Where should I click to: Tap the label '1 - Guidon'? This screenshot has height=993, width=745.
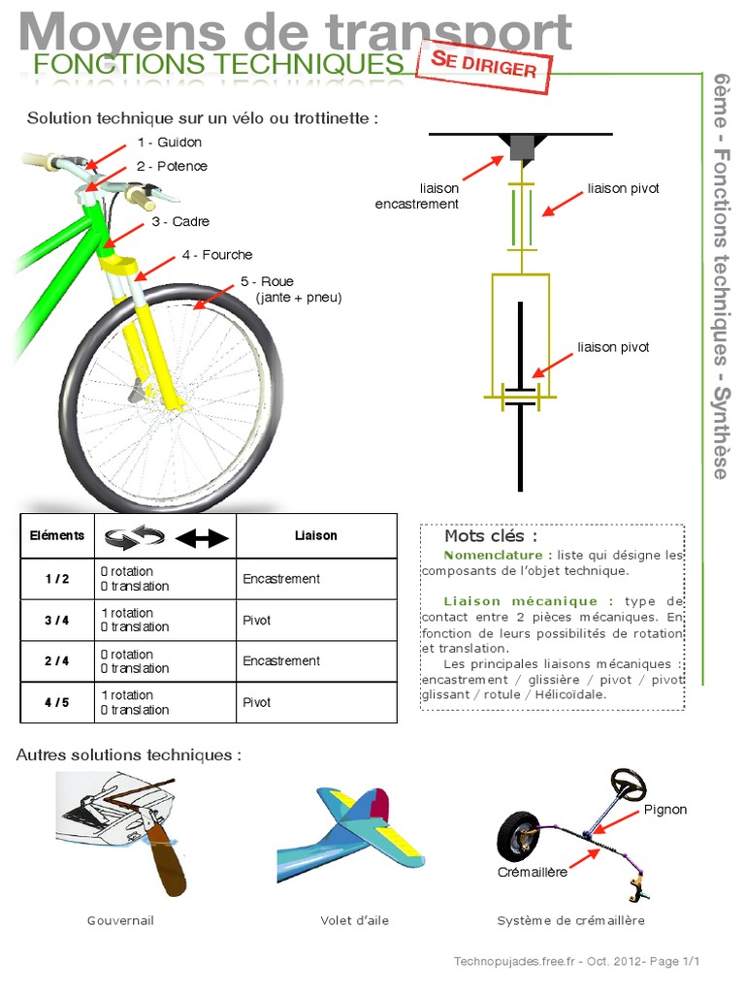(x=170, y=143)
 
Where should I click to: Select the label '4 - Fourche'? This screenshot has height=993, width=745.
(x=217, y=255)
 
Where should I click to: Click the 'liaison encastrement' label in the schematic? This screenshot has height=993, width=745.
(x=417, y=196)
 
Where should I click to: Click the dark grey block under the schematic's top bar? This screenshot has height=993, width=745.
(x=521, y=147)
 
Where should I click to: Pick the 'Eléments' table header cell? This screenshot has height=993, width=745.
(x=57, y=535)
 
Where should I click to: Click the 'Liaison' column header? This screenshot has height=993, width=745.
(x=316, y=535)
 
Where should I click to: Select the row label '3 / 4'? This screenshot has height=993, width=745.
(x=57, y=621)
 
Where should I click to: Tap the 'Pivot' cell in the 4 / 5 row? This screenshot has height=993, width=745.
(x=257, y=702)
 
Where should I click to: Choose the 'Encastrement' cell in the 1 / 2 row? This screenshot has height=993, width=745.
(x=281, y=579)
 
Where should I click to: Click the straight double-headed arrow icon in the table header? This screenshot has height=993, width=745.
(x=202, y=538)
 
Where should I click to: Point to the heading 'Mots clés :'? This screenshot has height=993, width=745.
(x=491, y=536)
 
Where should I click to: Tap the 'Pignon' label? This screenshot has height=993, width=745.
(x=665, y=810)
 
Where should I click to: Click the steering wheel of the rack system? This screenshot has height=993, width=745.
(x=629, y=784)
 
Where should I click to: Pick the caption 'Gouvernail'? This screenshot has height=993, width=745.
(x=120, y=920)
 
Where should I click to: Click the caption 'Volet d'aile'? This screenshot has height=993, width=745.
(x=355, y=920)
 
